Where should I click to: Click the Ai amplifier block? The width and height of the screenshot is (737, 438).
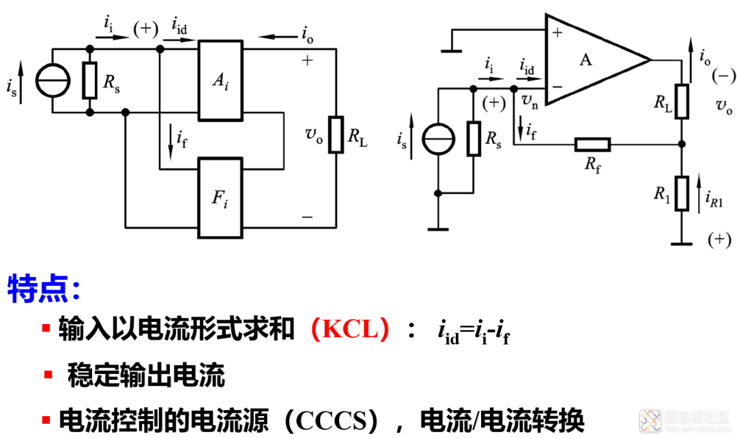[x=220, y=81]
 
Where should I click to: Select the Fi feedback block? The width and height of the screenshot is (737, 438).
[x=220, y=198]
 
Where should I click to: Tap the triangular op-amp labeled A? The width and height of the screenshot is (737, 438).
[x=597, y=59]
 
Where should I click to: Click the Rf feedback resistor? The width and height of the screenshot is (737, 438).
[x=593, y=144]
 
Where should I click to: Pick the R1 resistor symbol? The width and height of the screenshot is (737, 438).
[x=682, y=193]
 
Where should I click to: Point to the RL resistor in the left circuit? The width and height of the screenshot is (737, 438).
[x=336, y=134]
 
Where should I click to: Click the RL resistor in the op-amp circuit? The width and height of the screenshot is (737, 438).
[x=682, y=102]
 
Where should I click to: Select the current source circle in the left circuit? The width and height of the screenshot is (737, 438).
[x=53, y=81]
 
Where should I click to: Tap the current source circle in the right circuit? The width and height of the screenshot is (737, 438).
[x=438, y=139]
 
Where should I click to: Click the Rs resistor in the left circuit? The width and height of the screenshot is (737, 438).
[x=90, y=81]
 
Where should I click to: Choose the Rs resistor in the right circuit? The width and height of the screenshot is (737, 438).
[x=474, y=138]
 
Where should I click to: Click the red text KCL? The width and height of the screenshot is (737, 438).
[x=350, y=330]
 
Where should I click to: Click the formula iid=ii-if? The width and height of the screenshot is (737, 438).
[x=474, y=332]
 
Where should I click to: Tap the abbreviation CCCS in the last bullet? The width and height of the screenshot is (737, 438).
[x=332, y=421]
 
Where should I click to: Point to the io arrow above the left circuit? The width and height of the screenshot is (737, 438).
[x=278, y=37]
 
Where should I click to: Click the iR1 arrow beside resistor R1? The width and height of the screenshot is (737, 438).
[x=699, y=193]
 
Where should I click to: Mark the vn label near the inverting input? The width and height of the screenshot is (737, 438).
[x=530, y=101]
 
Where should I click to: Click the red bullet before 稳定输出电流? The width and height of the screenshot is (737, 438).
[x=48, y=375]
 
